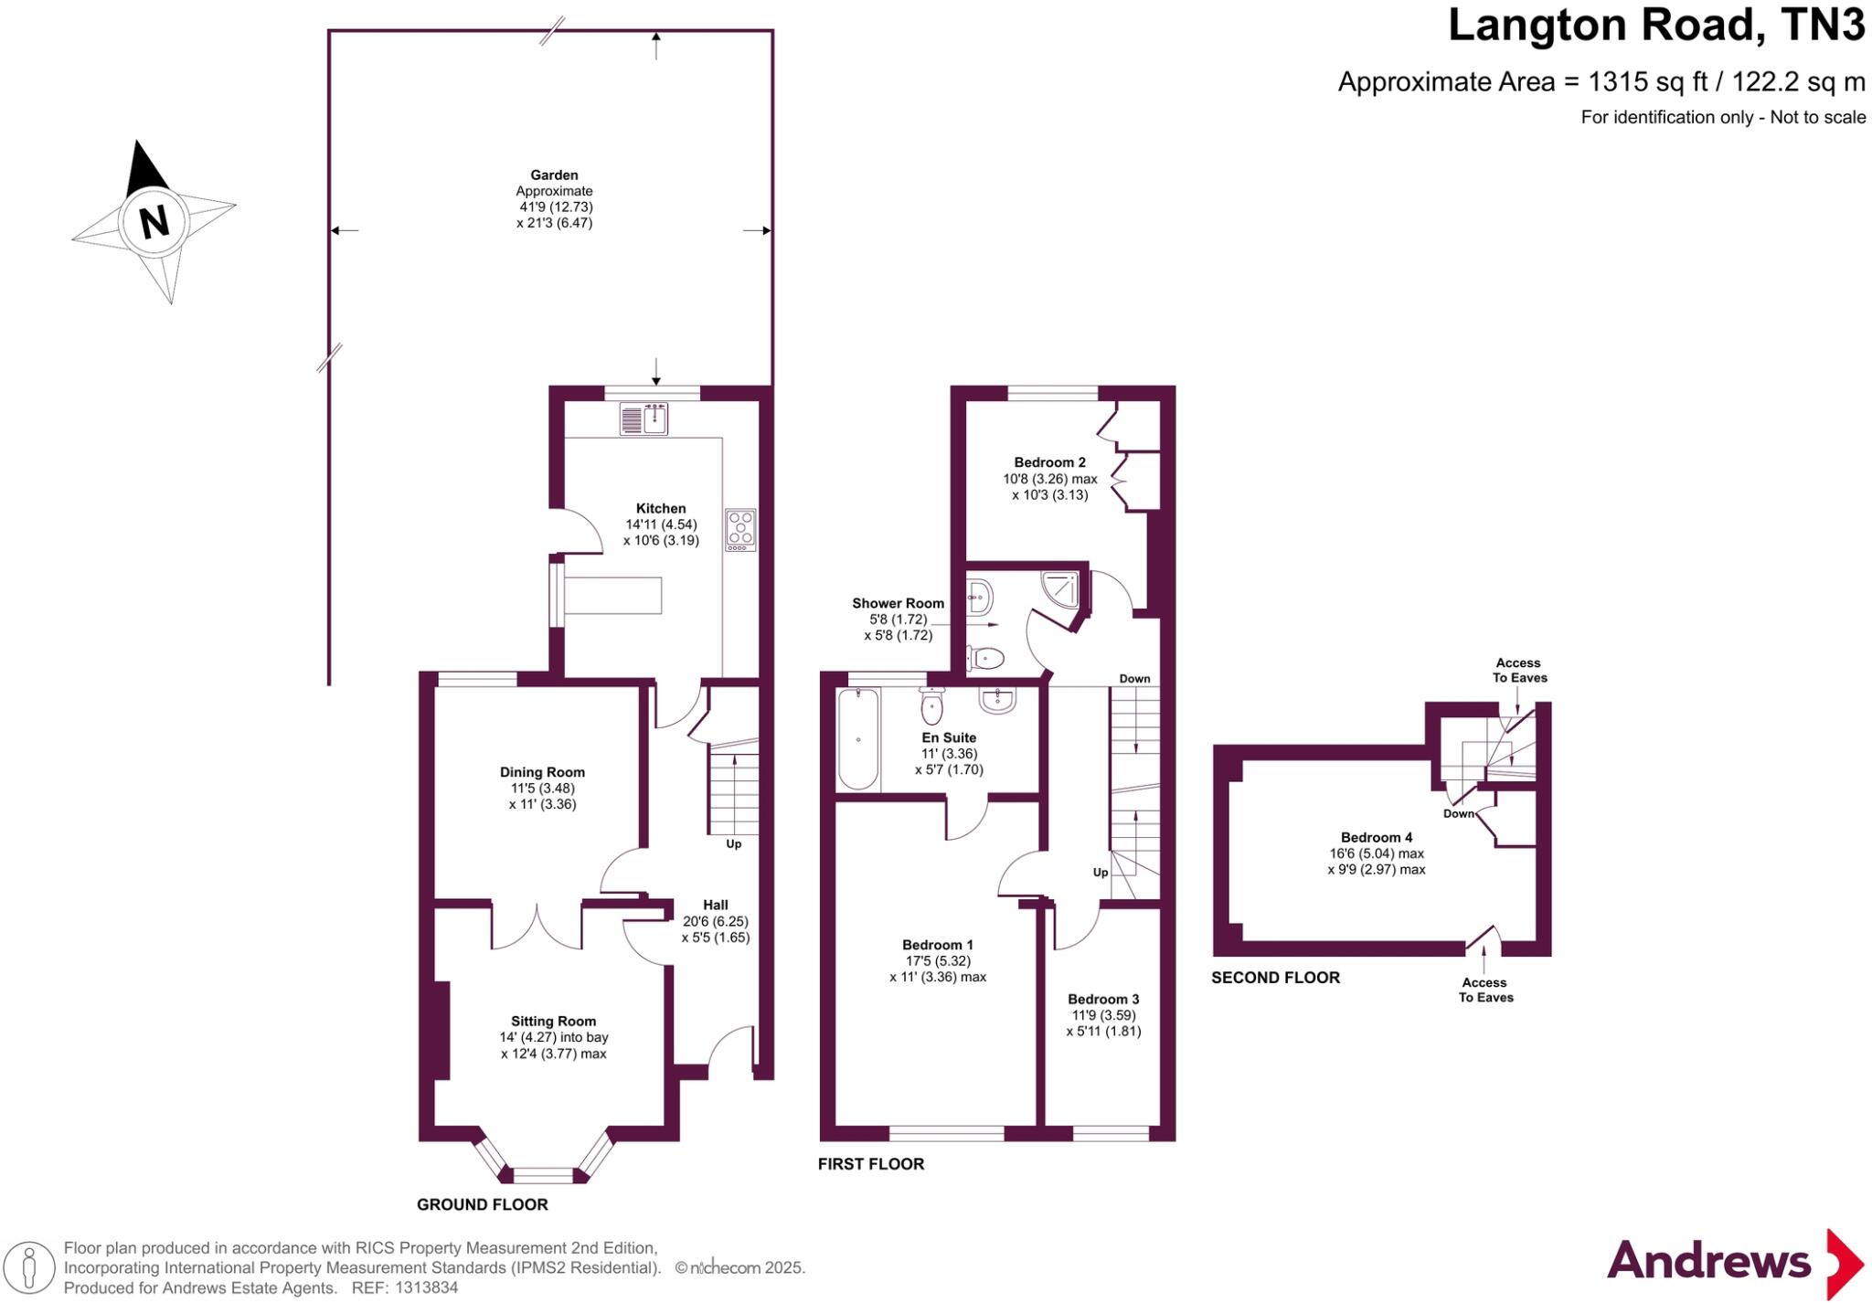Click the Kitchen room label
point(661,509)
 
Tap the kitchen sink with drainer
point(644,419)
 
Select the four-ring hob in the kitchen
point(740,530)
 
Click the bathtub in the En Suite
point(858,739)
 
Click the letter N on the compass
point(154,221)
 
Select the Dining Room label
point(542,772)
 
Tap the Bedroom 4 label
point(1377,837)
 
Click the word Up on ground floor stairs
point(733,844)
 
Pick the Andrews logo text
point(1708,1261)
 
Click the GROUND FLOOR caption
point(483,1204)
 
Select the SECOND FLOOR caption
point(1275,978)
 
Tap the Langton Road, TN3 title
point(1655,25)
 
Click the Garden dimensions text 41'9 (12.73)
point(556,207)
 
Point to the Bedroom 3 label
point(1103,999)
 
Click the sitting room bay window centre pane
point(543,1175)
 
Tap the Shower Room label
point(898,603)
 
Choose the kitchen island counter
point(612,595)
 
